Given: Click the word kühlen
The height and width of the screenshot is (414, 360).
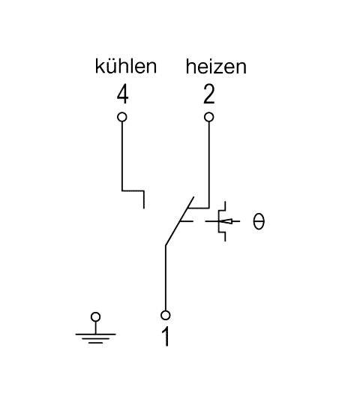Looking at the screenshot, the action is [x=126, y=66].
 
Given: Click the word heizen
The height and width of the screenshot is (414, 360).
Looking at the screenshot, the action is [x=216, y=67].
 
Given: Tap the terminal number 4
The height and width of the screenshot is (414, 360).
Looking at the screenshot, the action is [x=123, y=95].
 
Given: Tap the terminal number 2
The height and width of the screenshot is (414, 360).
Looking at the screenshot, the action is [x=209, y=94].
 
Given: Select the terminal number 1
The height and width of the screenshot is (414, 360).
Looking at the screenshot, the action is [x=166, y=336].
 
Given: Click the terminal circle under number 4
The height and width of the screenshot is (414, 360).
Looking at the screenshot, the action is [x=122, y=117].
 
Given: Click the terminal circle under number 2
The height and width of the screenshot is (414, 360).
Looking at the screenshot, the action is [x=209, y=117].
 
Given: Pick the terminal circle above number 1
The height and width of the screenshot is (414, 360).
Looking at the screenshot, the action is [x=165, y=315].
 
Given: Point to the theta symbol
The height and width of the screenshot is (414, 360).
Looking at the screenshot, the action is [x=259, y=221].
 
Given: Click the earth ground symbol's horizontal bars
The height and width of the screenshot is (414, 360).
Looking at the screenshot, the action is [x=95, y=338].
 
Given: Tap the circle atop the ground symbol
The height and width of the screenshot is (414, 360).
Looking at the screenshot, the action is [x=95, y=316].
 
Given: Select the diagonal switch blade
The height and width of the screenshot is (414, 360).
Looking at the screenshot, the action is [x=179, y=221].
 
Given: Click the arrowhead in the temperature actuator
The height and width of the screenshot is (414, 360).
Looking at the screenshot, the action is [x=228, y=221].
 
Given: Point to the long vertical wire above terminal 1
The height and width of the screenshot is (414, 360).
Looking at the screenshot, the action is [x=166, y=278].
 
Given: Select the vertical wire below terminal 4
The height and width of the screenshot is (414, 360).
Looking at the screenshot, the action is [x=122, y=156].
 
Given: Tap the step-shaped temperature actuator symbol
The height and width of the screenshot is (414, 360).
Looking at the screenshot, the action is [x=222, y=221].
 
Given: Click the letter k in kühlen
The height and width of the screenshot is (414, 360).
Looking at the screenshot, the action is [x=99, y=66].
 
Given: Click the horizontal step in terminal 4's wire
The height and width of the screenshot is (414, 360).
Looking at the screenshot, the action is [x=133, y=190].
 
